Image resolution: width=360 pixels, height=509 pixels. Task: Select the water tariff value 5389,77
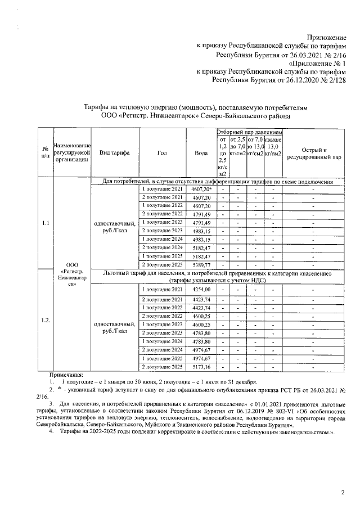[x=201, y=264]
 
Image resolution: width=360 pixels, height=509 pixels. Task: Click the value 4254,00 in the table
[x=201, y=289]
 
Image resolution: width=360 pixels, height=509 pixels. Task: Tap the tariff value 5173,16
[x=201, y=367]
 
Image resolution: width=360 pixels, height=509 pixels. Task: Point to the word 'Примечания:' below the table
[x=66, y=375]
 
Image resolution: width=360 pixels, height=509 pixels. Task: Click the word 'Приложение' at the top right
[x=327, y=35]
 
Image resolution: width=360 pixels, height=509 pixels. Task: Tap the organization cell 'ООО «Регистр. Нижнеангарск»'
[x=72, y=273]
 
